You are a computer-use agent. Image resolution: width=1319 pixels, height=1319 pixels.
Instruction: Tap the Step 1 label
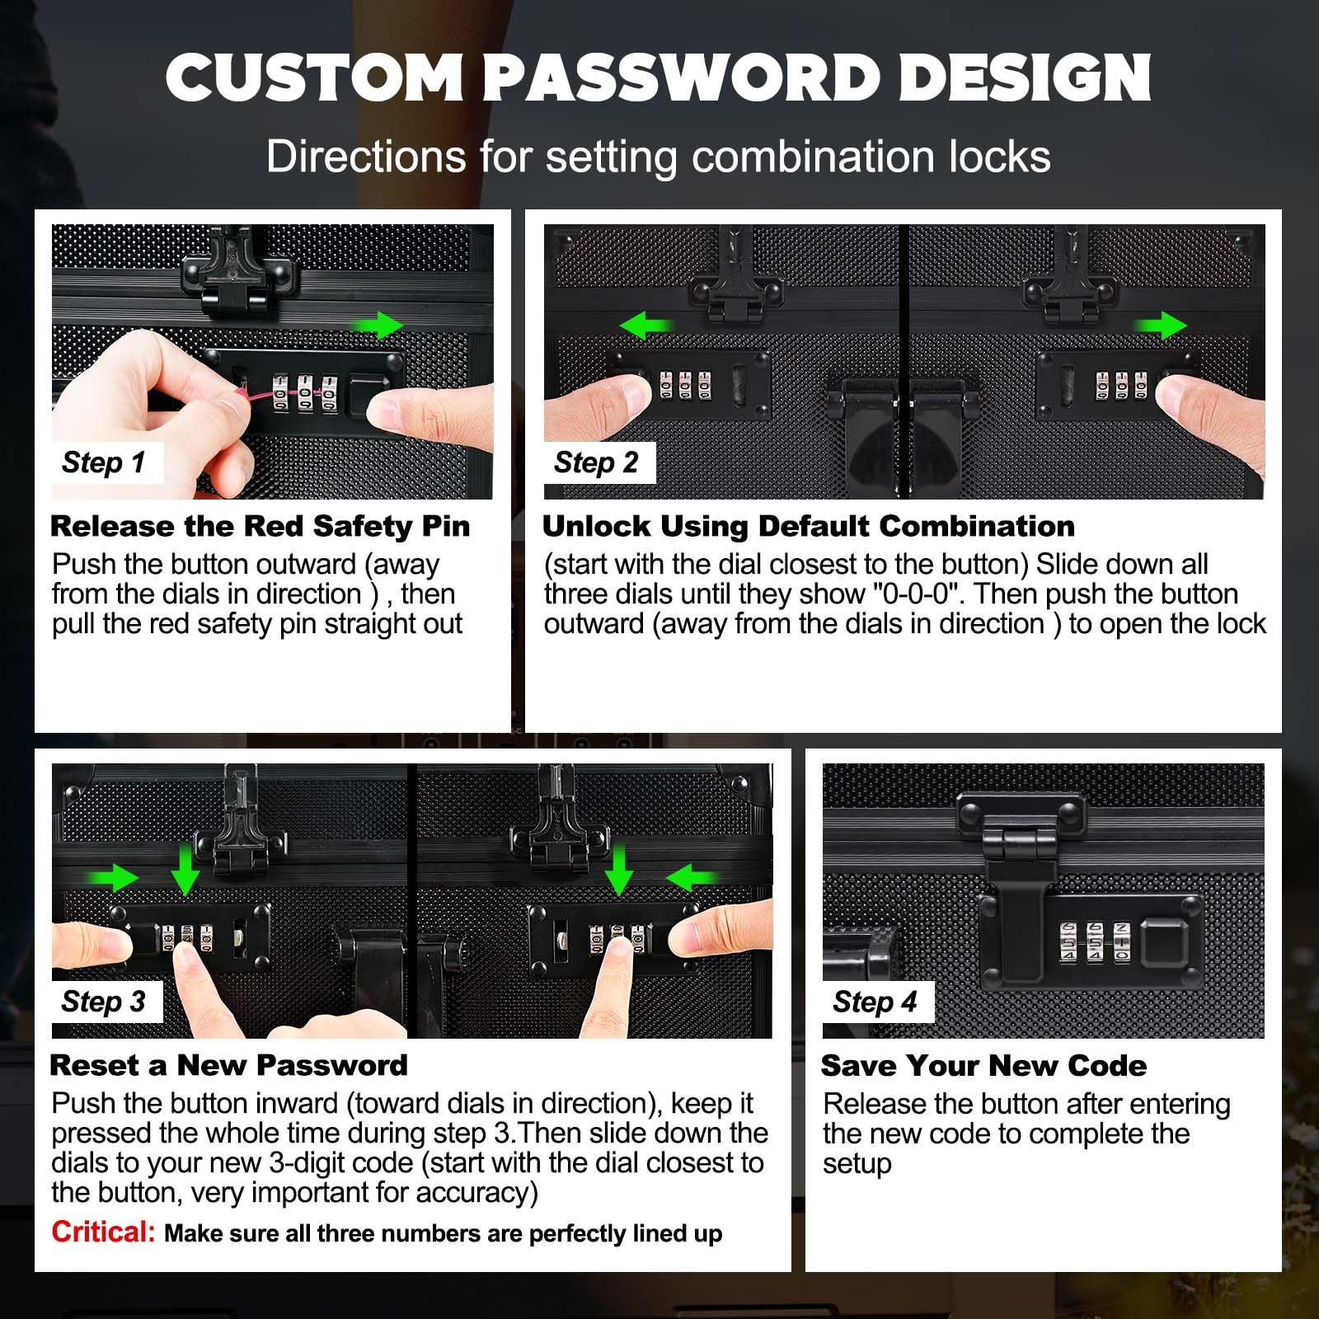coord(104,462)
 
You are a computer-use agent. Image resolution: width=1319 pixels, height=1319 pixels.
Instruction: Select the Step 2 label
coord(596,462)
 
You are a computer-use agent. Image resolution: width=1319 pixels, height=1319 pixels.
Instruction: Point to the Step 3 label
coord(104,1002)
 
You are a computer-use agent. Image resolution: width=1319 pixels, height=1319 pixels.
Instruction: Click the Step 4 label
coord(875,1002)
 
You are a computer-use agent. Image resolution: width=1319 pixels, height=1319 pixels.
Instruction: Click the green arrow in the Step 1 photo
coord(378,325)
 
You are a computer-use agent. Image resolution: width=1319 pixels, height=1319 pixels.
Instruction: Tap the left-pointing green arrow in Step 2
coord(645,326)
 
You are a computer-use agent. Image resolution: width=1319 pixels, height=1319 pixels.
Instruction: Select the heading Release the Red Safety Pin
coord(260,526)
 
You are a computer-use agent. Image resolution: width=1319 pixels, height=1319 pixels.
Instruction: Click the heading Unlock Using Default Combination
coord(809,526)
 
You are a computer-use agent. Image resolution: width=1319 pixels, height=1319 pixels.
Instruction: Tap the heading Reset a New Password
coord(229,1065)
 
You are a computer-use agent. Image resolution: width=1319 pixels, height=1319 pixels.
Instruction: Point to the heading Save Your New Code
coord(983,1065)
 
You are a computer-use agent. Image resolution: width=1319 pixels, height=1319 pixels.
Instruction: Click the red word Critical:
coord(103,1232)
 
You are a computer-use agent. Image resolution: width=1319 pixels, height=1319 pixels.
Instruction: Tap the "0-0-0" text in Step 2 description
coord(918,594)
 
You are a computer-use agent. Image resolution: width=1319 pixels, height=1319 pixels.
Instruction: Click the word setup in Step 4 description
coord(857,1164)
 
